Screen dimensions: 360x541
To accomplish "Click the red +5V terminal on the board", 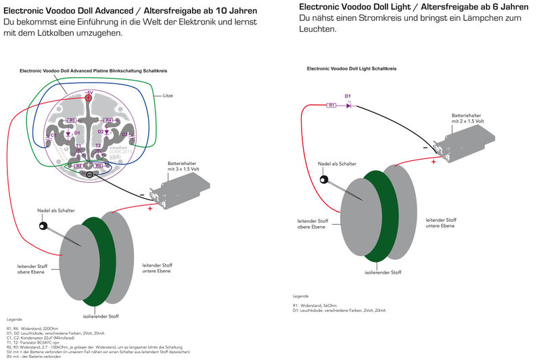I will (x=89, y=97).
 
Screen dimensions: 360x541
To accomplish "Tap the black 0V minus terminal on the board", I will (x=90, y=175).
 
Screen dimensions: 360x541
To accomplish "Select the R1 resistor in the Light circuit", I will (x=331, y=105).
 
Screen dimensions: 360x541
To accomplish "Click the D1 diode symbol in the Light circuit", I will (x=348, y=105).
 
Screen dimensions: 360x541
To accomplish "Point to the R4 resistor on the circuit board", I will (x=108, y=120).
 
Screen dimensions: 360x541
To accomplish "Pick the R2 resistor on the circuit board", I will (x=78, y=165).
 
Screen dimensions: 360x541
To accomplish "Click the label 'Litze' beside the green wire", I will (x=168, y=96).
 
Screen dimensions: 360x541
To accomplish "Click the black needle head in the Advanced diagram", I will (x=43, y=226).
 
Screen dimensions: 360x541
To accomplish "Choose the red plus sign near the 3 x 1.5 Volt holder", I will (x=150, y=208).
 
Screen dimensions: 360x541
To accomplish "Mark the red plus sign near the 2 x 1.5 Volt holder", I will (x=434, y=161).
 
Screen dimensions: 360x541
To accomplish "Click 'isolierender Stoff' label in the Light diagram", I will (x=383, y=272).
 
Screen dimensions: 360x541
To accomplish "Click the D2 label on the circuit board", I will (x=101, y=131).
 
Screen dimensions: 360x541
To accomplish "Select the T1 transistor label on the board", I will (x=78, y=145).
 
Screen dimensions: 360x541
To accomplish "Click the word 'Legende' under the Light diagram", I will (x=301, y=296).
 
